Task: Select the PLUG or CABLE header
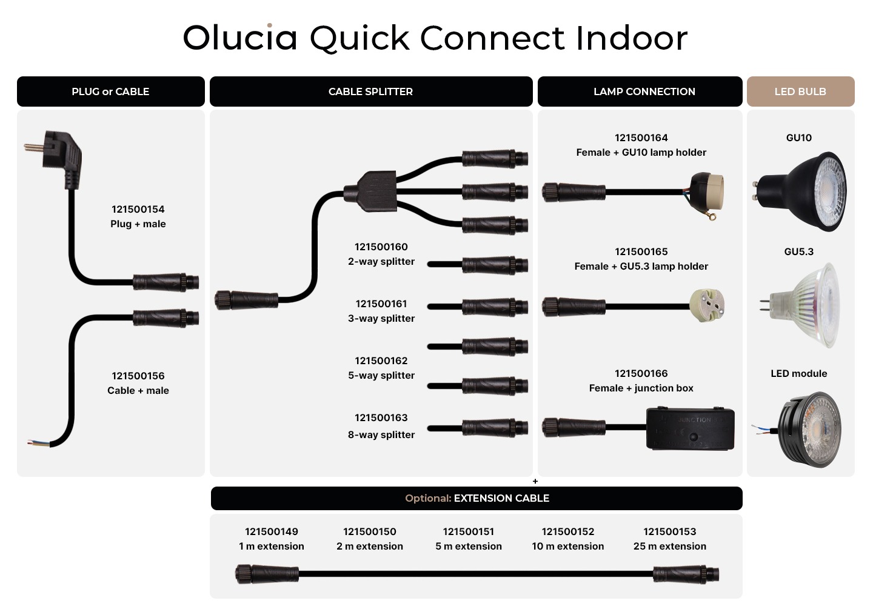[x=110, y=91]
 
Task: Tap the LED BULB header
[x=800, y=91]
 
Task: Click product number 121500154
[x=138, y=209]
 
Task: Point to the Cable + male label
[x=138, y=390]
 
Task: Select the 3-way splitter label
[x=381, y=318]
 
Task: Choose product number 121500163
[x=381, y=417]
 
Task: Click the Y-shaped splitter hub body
[x=370, y=191]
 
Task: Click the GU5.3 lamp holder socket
[x=707, y=305]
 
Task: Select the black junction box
[x=690, y=428]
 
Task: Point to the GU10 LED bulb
[x=800, y=191]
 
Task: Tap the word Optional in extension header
[x=428, y=498]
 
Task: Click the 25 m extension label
[x=670, y=546]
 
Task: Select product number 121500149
[x=272, y=531]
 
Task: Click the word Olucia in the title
[x=240, y=38]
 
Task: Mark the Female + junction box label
[x=641, y=388]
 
